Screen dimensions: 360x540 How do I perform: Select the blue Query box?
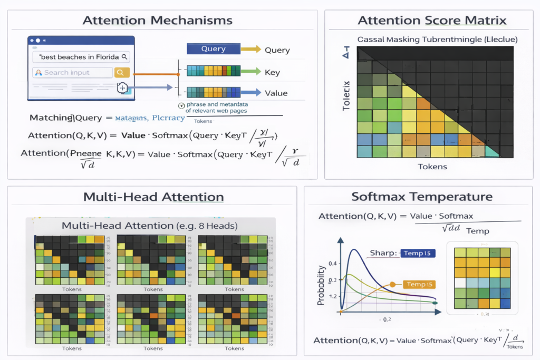tap(213, 49)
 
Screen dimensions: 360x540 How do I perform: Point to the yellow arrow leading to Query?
tap(250, 49)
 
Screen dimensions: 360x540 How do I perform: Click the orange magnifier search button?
tap(122, 73)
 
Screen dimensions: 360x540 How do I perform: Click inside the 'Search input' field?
tap(71, 73)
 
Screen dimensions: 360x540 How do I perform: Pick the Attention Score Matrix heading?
tap(432, 21)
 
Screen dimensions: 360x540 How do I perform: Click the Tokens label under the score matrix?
tap(432, 167)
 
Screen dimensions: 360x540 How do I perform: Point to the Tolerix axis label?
tap(346, 95)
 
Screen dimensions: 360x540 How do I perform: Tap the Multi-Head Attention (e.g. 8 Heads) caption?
tap(149, 226)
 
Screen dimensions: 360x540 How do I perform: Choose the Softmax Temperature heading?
tap(422, 197)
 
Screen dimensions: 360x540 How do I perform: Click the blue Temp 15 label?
tap(418, 253)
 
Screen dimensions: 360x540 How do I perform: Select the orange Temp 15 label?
tap(420, 285)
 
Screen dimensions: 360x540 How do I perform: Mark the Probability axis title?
tap(320, 284)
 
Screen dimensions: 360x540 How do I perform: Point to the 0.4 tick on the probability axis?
tap(332, 263)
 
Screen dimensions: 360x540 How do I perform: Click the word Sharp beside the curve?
tap(382, 253)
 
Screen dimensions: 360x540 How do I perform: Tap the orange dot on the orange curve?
tap(392, 285)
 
